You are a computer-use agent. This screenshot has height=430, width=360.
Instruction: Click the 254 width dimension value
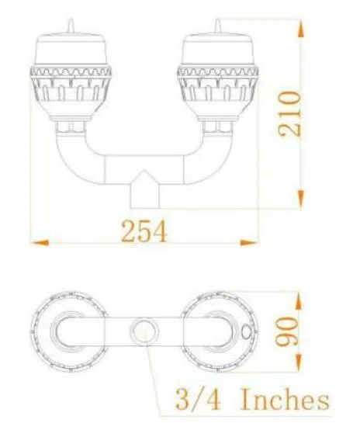point(144,231)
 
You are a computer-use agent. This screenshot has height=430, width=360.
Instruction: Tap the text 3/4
point(189,401)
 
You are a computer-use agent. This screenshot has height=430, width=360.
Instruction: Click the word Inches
point(283,401)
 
